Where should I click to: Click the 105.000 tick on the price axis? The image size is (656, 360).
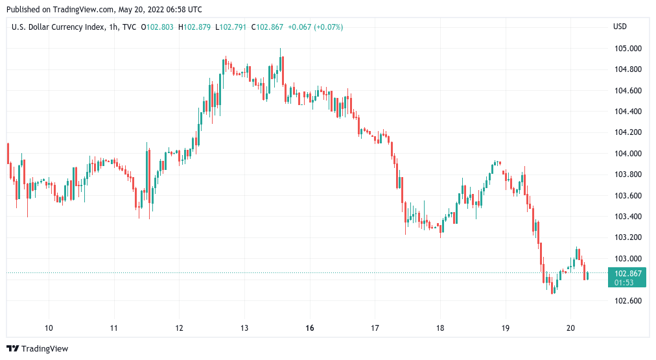pos(627,49)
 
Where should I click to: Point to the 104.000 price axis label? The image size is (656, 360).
pos(627,154)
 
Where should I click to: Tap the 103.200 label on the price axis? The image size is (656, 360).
pos(627,238)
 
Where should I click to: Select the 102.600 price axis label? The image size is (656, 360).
pos(627,301)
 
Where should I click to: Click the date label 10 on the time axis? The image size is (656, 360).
pos(49,328)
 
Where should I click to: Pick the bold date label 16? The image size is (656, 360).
pos(310,328)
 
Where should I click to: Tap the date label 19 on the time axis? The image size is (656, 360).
pos(506,328)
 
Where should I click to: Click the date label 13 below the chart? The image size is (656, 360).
pos(244,328)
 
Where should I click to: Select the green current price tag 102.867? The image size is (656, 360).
pos(627,273)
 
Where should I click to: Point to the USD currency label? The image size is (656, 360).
pos(620,27)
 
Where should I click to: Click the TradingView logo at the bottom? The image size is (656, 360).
pos(37,349)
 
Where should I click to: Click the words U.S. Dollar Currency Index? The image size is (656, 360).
pos(55,27)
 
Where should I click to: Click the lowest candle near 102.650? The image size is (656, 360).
pos(552,288)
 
